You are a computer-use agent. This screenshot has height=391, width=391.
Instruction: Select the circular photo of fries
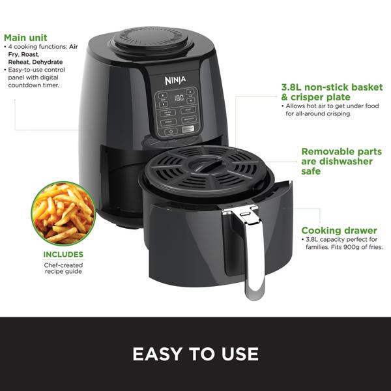pos(63,214)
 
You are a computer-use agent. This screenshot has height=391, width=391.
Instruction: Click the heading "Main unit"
pos(25,38)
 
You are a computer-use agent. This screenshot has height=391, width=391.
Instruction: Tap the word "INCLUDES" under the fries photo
pos(63,254)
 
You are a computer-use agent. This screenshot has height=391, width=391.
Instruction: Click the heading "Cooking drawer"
pos(338,230)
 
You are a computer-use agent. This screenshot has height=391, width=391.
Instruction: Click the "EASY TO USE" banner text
pos(195,354)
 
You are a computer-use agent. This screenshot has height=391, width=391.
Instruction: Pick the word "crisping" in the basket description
pos(343,113)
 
